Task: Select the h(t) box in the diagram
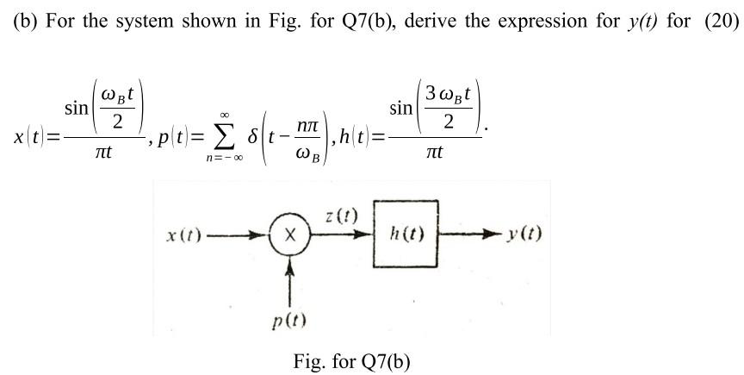406,234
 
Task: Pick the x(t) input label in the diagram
184,234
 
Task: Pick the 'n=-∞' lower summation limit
223,160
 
